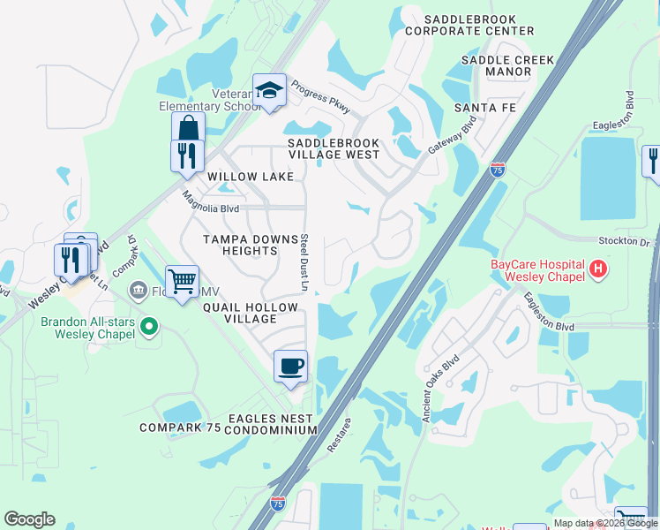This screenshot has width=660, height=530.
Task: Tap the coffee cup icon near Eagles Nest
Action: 290,365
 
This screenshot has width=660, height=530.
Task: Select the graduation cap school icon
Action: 269,89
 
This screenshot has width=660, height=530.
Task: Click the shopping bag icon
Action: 188,128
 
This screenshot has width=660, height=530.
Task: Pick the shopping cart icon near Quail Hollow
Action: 182,282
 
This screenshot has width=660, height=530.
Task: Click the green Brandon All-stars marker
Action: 148,328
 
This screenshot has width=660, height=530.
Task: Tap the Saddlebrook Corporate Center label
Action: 478,25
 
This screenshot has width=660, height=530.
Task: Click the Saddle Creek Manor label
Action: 508,66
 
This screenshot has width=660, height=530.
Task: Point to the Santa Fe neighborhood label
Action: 484,108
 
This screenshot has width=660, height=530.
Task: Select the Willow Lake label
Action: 251,177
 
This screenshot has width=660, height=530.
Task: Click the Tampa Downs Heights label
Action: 241,245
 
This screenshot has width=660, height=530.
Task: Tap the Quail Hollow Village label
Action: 251,314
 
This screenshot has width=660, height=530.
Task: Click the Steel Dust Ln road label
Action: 303,262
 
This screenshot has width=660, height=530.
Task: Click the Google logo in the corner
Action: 29,519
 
